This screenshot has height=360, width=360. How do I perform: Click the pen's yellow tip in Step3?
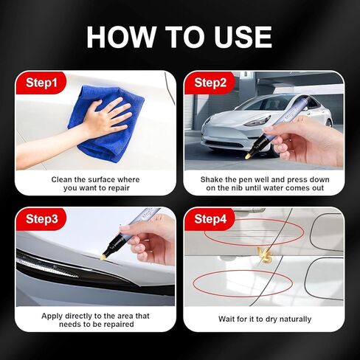105,255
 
